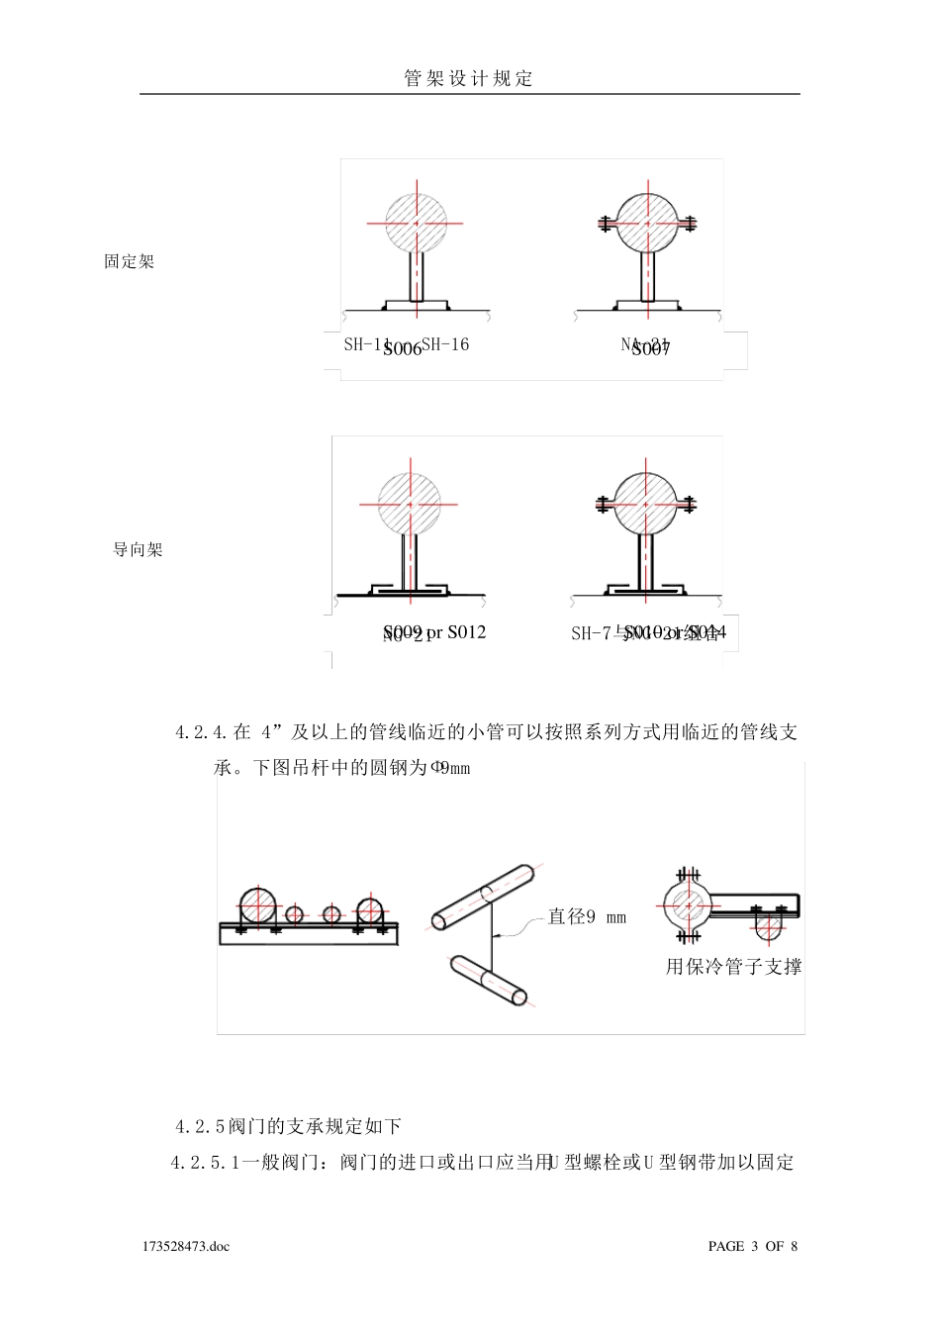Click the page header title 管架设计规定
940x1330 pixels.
tap(469, 79)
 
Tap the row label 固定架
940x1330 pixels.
tap(130, 262)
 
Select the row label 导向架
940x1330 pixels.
tap(138, 550)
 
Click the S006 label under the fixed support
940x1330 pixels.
tap(402, 348)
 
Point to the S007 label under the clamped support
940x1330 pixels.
tap(650, 348)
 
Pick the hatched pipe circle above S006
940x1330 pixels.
tap(417, 224)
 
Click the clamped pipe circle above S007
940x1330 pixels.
tap(648, 224)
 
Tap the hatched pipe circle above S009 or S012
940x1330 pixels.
tap(410, 504)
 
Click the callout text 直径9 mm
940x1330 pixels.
tap(587, 917)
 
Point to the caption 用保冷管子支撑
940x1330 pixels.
tap(733, 967)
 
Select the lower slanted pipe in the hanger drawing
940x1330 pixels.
tap(489, 980)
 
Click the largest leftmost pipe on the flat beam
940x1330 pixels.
tap(257, 904)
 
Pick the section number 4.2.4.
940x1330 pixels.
tap(202, 733)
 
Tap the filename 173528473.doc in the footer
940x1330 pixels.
tap(186, 1246)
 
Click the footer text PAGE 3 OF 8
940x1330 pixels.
tap(752, 1246)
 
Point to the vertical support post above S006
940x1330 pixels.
tap(417, 277)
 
